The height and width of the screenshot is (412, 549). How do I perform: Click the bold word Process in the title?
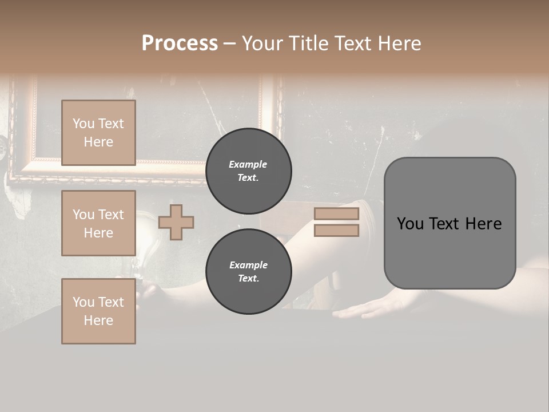(x=180, y=43)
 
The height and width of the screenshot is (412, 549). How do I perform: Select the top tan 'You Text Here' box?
(x=98, y=133)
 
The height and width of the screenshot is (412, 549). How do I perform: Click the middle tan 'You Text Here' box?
(x=98, y=223)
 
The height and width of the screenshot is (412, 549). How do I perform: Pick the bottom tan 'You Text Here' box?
(x=98, y=311)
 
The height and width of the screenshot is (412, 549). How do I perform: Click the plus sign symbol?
(x=176, y=222)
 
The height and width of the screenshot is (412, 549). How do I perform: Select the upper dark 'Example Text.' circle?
(x=248, y=171)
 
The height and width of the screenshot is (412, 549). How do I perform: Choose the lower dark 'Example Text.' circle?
(x=248, y=272)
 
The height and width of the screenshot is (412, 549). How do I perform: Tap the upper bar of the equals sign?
(x=336, y=213)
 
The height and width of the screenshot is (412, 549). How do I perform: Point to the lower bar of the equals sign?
(x=336, y=231)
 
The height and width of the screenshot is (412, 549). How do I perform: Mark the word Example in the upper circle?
(x=248, y=165)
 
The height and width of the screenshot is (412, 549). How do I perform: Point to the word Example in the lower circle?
(x=248, y=266)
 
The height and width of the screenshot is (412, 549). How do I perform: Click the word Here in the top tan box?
(x=98, y=142)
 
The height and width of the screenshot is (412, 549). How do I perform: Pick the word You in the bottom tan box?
(x=83, y=302)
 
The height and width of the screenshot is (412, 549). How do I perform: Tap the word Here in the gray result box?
(x=483, y=224)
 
